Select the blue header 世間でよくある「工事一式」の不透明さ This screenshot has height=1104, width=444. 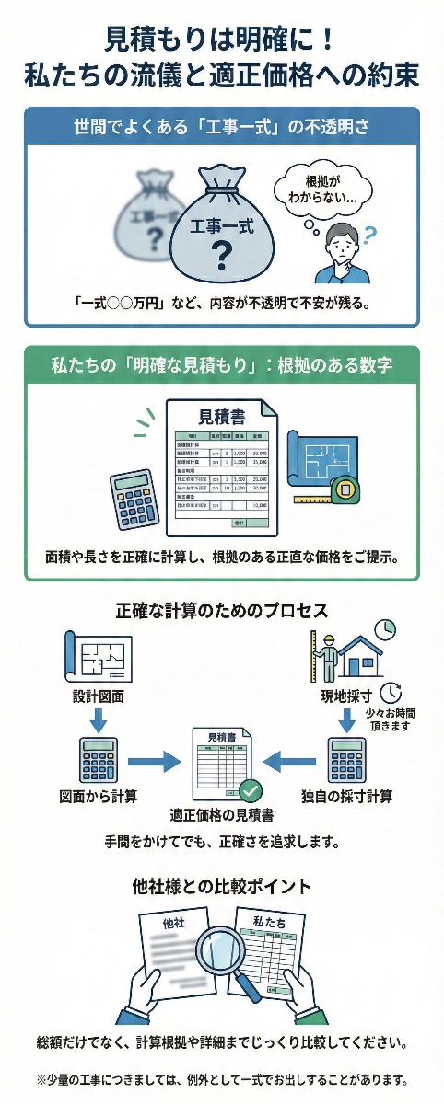[221, 126]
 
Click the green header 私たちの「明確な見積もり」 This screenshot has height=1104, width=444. [221, 364]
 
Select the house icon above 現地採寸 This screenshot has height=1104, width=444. [359, 654]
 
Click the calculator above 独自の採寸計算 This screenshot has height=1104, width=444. [347, 759]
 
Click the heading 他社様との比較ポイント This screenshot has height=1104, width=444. [221, 887]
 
